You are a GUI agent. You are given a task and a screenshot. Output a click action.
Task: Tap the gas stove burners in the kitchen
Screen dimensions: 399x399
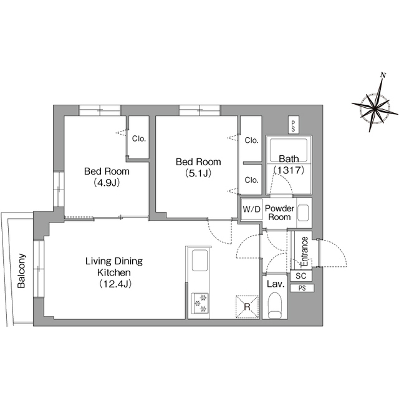199,304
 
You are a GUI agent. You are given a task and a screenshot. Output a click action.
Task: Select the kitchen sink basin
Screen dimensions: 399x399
199,261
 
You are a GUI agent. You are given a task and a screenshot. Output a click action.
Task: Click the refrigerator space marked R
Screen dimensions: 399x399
247,307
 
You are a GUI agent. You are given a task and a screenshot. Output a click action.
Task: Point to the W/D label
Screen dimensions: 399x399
251,209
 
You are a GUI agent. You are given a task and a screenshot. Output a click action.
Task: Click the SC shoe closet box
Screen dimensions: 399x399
301,276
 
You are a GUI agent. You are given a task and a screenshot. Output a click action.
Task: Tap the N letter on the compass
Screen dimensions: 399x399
383,75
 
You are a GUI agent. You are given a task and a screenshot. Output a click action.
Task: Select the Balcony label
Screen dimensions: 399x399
21,271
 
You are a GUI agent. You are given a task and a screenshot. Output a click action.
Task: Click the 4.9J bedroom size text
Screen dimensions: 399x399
107,183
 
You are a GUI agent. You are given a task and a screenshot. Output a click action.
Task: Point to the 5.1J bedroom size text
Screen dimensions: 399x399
198,173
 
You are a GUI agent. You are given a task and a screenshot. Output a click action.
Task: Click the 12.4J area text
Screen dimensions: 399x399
115,284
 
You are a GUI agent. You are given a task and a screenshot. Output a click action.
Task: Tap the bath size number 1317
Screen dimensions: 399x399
289,170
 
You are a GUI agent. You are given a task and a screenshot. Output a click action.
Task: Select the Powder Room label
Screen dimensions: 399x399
279,213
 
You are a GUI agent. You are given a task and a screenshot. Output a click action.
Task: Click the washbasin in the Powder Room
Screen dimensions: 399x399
303,213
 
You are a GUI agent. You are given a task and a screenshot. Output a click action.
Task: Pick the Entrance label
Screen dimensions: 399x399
304,251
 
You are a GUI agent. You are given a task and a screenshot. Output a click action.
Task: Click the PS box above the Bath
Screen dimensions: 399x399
294,125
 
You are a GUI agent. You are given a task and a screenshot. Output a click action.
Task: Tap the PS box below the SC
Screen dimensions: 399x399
302,288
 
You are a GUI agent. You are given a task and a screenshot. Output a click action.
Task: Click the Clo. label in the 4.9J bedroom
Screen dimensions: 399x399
139,138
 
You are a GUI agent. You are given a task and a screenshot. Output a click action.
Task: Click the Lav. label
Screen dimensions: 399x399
276,284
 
